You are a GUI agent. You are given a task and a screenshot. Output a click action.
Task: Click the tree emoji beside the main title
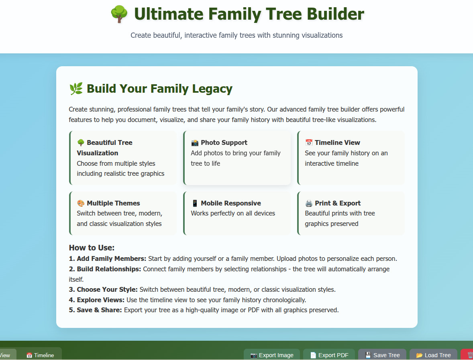click(x=119, y=14)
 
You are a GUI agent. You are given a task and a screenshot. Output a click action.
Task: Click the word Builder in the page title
click(x=335, y=14)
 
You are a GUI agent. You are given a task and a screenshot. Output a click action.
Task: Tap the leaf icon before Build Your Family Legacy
click(x=76, y=89)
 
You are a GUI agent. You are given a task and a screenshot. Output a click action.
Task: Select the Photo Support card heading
click(x=224, y=142)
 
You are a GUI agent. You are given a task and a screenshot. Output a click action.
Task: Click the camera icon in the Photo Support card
click(x=195, y=142)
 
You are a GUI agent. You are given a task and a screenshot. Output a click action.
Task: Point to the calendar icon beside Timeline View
click(x=309, y=142)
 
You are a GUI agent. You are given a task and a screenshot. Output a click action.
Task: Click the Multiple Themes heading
click(x=113, y=203)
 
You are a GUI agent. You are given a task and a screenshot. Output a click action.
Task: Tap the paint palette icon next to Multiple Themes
click(x=81, y=203)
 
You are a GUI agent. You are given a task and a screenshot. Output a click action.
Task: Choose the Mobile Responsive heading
click(x=231, y=203)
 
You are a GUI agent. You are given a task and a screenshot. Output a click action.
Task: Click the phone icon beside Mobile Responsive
click(x=195, y=203)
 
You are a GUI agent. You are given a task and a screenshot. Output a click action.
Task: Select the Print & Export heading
click(x=338, y=203)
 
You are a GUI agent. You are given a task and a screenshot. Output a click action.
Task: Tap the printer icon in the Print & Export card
click(x=309, y=203)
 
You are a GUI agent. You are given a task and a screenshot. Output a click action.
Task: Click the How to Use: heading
click(x=92, y=248)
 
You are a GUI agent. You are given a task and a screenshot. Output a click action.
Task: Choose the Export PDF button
click(x=329, y=355)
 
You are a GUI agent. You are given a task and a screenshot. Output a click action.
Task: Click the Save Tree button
click(x=382, y=355)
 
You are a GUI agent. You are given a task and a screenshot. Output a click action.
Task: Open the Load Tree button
click(x=434, y=355)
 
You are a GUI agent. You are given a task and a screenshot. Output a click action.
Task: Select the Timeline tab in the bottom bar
click(x=40, y=355)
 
